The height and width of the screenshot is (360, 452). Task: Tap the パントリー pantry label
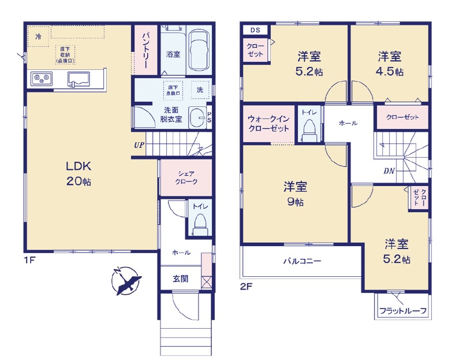pyautogui.click(x=145, y=51)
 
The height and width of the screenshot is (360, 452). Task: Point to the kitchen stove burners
pyautogui.click(x=41, y=77)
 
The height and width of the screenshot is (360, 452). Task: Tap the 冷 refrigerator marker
pyautogui.click(x=38, y=37)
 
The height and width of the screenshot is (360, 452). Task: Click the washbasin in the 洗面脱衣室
pyautogui.click(x=197, y=116)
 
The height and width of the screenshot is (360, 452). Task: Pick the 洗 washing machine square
pyautogui.click(x=200, y=90)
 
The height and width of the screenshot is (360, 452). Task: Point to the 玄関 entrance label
pyautogui.click(x=180, y=278)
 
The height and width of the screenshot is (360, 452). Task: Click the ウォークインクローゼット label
pyautogui.click(x=268, y=123)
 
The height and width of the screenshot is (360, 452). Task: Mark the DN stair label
pyautogui.click(x=390, y=171)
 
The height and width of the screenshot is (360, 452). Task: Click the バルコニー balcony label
pyautogui.click(x=301, y=261)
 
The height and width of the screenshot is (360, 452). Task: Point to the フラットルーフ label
pyautogui.click(x=402, y=311)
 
